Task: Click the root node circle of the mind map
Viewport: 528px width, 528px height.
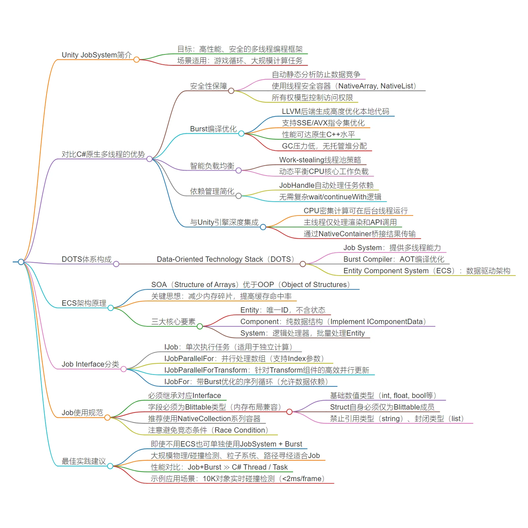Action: pyautogui.click(x=21, y=262)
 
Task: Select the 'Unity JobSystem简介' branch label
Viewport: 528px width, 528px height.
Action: pyautogui.click(x=96, y=55)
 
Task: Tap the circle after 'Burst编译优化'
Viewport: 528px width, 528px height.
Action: pyautogui.click(x=241, y=133)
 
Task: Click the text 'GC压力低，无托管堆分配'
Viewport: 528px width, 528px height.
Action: pyautogui.click(x=324, y=146)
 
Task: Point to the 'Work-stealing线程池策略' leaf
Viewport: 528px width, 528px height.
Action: pyautogui.click(x=320, y=160)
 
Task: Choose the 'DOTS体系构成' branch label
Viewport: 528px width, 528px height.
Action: pyautogui.click(x=87, y=259)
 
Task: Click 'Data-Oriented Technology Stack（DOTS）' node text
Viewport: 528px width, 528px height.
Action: pyautogui.click(x=225, y=259)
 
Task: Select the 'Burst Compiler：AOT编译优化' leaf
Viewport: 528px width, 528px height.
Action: pyautogui.click(x=393, y=259)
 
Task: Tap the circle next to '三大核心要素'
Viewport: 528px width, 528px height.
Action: pyautogui.click(x=200, y=326)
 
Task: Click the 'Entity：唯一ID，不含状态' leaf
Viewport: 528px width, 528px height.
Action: pyautogui.click(x=283, y=310)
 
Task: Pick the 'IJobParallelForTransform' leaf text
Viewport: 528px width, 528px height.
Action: pyautogui.click(x=267, y=370)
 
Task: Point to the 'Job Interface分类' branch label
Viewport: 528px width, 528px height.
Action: pyautogui.click(x=90, y=364)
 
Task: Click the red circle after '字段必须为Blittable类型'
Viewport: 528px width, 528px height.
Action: pyautogui.click(x=289, y=412)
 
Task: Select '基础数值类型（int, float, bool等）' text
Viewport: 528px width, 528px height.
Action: pyautogui.click(x=383, y=395)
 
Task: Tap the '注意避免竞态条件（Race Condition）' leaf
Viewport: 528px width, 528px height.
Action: pyautogui.click(x=208, y=430)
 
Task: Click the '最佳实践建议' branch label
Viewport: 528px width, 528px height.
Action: pyautogui.click(x=84, y=461)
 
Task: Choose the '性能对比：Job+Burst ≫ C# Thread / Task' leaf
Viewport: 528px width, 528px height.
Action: pyautogui.click(x=219, y=467)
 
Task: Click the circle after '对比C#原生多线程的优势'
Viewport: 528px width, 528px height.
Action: pyautogui.click(x=149, y=159)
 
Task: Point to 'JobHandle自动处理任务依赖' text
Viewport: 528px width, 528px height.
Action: pyautogui.click(x=326, y=185)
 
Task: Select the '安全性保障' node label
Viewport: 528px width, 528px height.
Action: pyautogui.click(x=208, y=86)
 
